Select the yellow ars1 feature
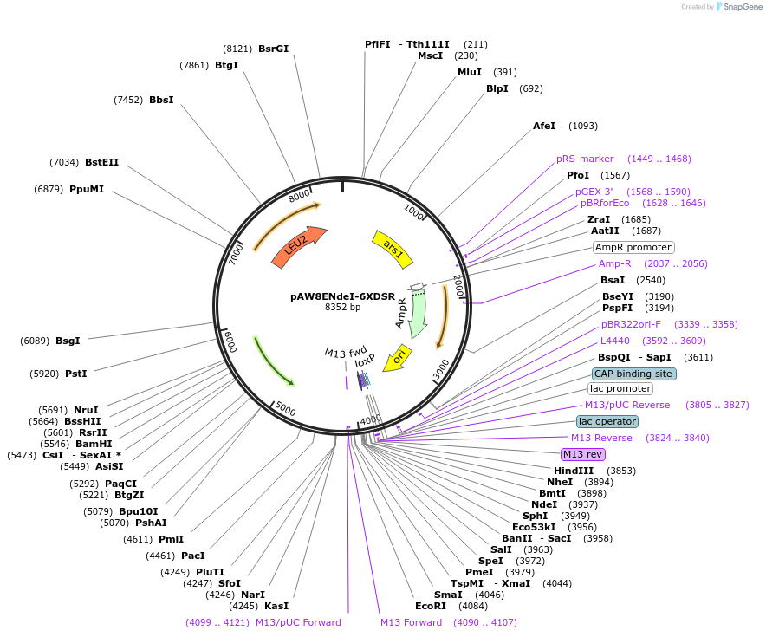click(393, 247)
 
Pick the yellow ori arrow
click(398, 356)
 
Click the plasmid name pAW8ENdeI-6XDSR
click(342, 296)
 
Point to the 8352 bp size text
click(342, 307)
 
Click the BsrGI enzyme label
click(273, 49)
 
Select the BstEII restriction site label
click(101, 162)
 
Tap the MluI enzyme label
click(470, 72)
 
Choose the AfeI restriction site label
click(544, 126)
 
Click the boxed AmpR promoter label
click(633, 247)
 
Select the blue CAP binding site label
click(633, 374)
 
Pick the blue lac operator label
click(607, 421)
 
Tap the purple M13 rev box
click(583, 454)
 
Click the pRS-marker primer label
click(585, 159)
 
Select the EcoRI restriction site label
click(430, 606)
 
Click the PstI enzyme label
click(76, 374)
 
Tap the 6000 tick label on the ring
click(229, 341)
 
